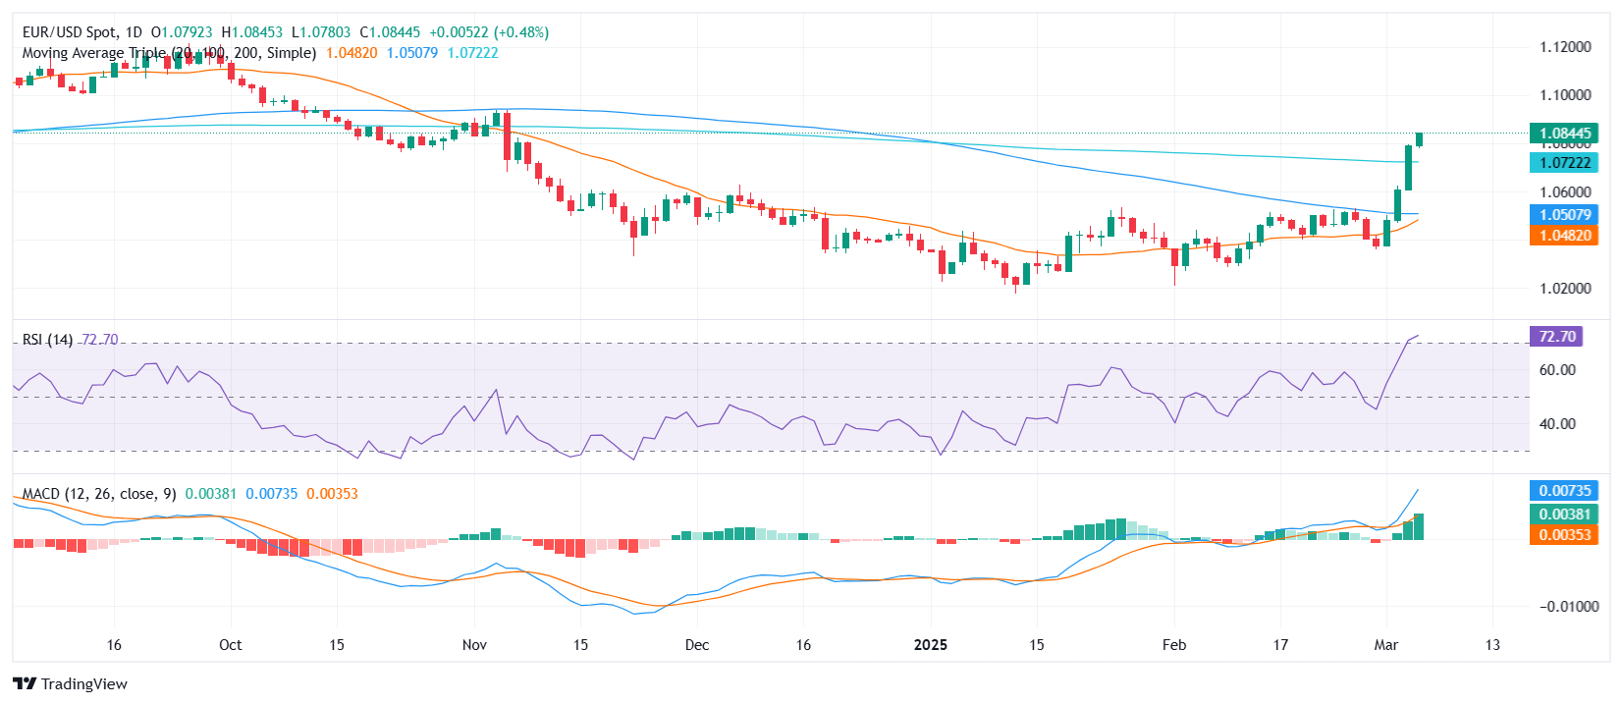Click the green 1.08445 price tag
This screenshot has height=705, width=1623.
pyautogui.click(x=1564, y=134)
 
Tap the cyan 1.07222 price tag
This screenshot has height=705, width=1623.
pyautogui.click(x=1564, y=163)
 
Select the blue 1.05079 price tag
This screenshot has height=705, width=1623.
pyautogui.click(x=1564, y=215)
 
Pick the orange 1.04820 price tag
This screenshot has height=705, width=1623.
pyautogui.click(x=1564, y=236)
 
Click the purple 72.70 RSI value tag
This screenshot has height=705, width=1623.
pyautogui.click(x=1556, y=337)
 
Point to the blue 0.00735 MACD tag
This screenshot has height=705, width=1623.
pyautogui.click(x=1564, y=491)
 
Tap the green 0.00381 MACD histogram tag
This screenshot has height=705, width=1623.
pyautogui.click(x=1564, y=515)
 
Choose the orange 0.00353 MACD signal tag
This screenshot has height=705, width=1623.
pyautogui.click(x=1564, y=535)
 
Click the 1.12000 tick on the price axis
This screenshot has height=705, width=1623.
pyautogui.click(x=1565, y=47)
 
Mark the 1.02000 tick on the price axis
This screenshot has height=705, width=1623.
pyautogui.click(x=1565, y=289)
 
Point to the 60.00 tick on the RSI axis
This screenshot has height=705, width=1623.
pyautogui.click(x=1557, y=370)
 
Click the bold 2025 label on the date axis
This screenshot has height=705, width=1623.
pyautogui.click(x=930, y=645)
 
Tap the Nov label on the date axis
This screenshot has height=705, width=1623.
pyautogui.click(x=474, y=645)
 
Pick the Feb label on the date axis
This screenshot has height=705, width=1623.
pyautogui.click(x=1173, y=645)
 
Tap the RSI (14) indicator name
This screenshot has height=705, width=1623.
pyautogui.click(x=47, y=340)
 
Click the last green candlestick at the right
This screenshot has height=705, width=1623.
pyautogui.click(x=1419, y=139)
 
